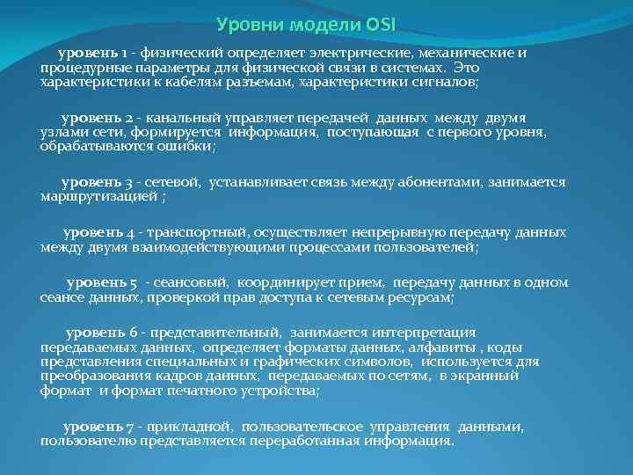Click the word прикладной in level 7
click(x=189, y=427)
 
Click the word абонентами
click(x=474, y=182)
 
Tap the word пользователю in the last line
click(x=83, y=440)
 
